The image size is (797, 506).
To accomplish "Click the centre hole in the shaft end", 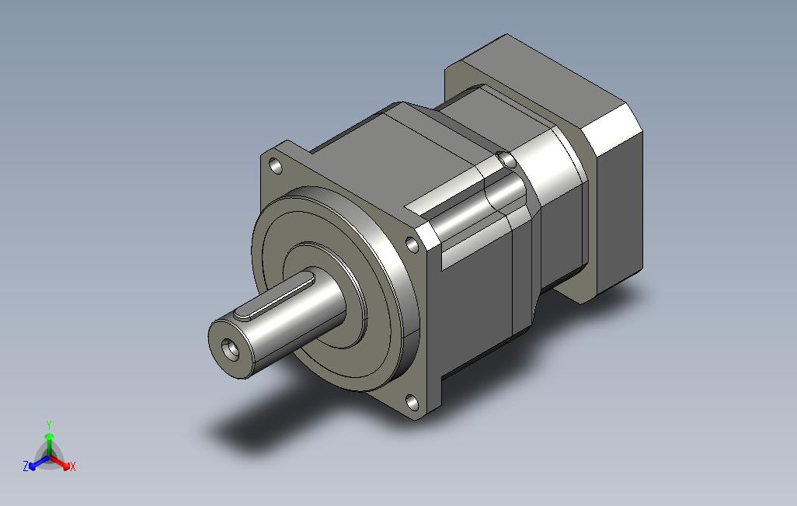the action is (231, 349).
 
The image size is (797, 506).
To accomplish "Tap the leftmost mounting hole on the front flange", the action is (276, 165).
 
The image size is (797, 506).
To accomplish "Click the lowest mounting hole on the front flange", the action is (412, 403).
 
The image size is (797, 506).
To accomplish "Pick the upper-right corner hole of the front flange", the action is (412, 245).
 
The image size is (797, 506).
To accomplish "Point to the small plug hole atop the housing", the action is (506, 159).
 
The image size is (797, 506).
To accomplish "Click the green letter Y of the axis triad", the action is (49, 425).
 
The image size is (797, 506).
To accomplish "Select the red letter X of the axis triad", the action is (73, 466).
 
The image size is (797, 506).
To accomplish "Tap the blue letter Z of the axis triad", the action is (26, 466).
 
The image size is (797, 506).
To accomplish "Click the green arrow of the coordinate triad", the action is (49, 445).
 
